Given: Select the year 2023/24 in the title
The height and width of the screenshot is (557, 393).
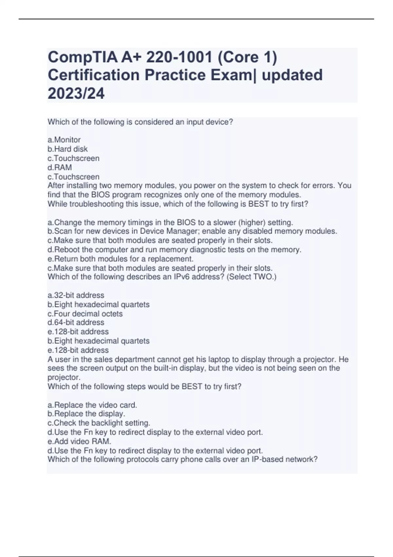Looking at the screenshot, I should coord(76,94).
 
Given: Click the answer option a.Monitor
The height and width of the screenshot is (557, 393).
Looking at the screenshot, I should coord(64,140).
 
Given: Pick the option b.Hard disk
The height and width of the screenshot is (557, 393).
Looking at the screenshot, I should coord(68,149).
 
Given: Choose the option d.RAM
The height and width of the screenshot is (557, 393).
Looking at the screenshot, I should coord(60,167).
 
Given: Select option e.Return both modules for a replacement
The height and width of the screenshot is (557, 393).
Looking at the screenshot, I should coord(121,259).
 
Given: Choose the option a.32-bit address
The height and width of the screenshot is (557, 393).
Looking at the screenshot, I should coord(76,295).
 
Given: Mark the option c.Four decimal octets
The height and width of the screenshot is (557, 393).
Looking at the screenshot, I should coord(85,314).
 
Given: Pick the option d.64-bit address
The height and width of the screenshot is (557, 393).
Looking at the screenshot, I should coord(76,322).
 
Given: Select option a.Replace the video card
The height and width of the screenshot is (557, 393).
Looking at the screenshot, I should coord(92,405).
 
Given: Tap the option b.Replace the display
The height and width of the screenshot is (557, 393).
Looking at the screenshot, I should coord(86,414).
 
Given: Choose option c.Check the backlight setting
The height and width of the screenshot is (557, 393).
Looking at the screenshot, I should coord(99,423).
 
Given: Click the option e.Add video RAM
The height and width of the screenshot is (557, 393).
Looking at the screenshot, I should coord(80,441).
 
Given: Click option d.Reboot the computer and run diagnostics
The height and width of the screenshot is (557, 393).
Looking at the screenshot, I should coord(174,250).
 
